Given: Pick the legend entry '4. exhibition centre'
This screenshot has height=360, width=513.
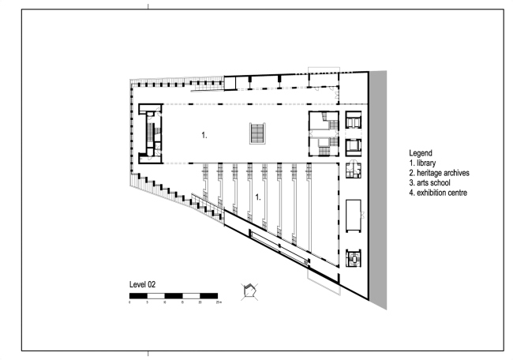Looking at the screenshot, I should point(439,193).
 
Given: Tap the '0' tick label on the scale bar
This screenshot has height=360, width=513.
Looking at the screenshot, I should point(130,302).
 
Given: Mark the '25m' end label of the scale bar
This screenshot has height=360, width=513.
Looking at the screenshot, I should point(218,302).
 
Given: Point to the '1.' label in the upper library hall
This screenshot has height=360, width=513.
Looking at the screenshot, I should point(204,136).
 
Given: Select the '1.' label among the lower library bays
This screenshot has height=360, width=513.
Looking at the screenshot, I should point(257,196).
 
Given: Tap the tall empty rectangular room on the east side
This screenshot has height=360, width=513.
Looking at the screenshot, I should point(354,213).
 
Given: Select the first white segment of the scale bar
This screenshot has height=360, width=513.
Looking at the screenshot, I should point(156,296).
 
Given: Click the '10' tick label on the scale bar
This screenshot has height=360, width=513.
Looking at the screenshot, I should point(165,302).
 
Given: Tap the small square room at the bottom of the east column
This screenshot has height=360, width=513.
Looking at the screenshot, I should point(354,257).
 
